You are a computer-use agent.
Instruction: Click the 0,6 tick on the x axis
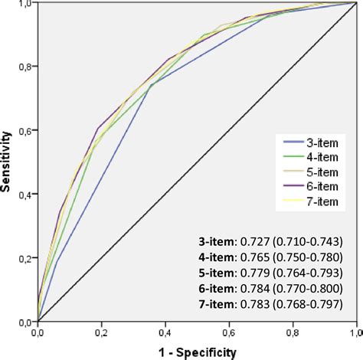[229, 333]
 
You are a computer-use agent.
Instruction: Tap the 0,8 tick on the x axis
[293, 333]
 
